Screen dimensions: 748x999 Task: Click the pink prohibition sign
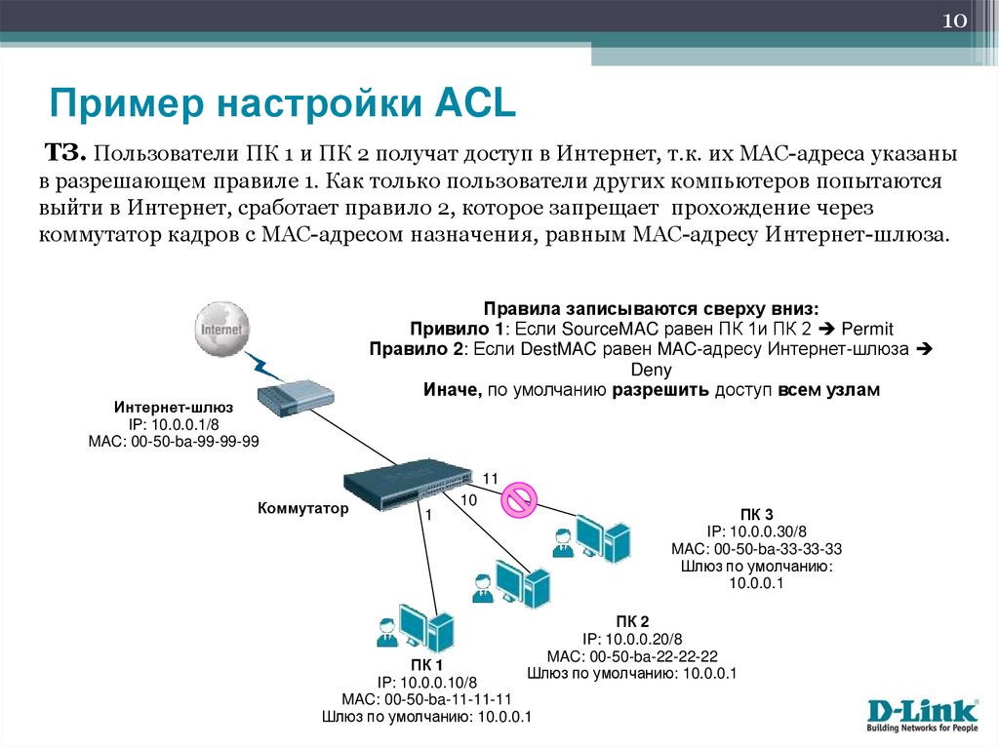tap(518, 501)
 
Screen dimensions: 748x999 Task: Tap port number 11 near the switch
tap(490, 478)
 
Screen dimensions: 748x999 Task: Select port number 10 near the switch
tap(468, 499)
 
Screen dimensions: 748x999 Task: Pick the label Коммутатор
tap(302, 508)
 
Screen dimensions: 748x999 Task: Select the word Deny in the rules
tap(651, 370)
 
